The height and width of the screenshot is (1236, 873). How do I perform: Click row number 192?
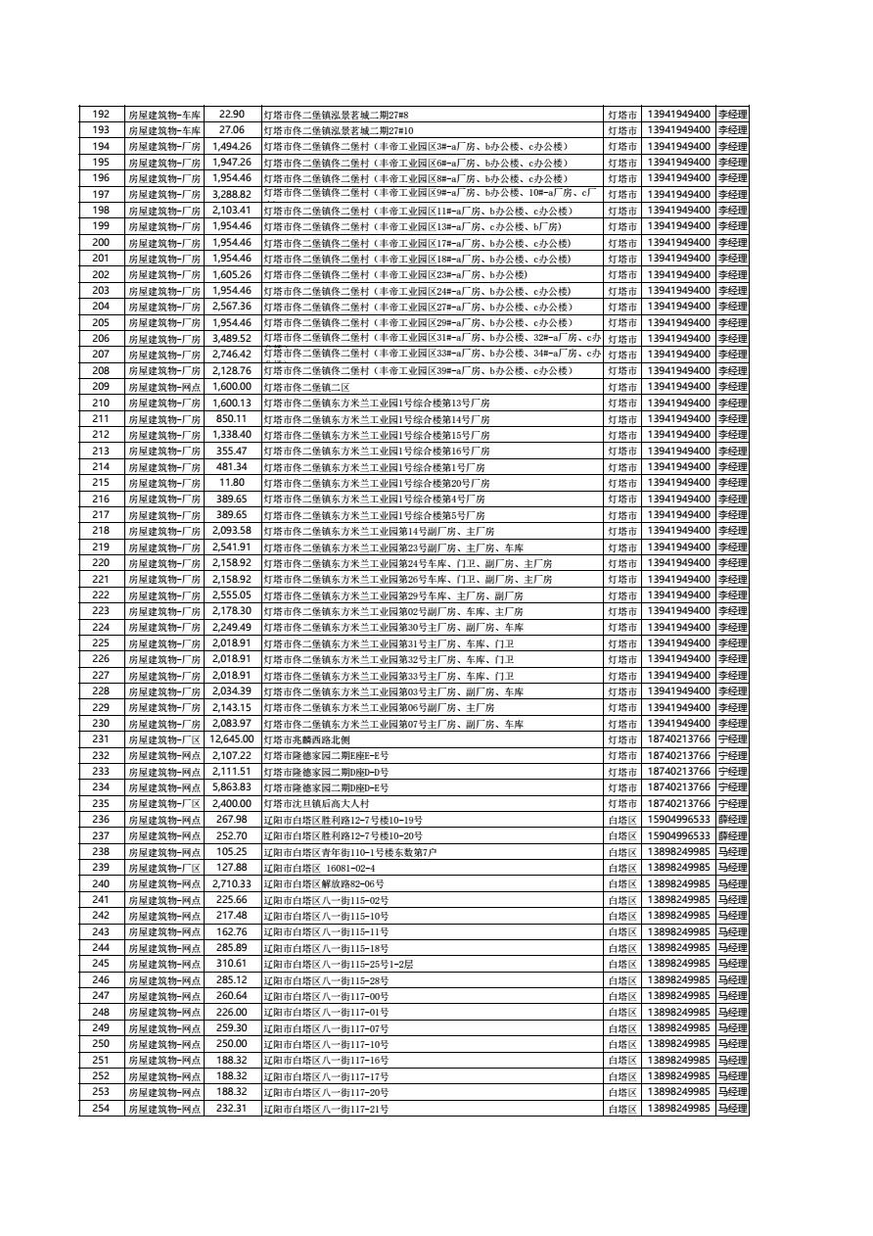tap(101, 115)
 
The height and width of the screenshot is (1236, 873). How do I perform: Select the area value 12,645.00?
tap(232, 739)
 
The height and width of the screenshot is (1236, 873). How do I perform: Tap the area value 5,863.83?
tap(232, 787)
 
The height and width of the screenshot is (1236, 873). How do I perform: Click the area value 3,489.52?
tap(232, 339)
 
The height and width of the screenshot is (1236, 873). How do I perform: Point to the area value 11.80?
tap(232, 483)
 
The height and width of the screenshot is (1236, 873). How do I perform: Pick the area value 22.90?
tap(232, 115)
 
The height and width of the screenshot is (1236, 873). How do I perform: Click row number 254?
tap(101, 1109)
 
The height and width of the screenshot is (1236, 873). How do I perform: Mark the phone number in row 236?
tap(678, 820)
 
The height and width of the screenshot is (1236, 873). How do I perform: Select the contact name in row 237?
tap(732, 836)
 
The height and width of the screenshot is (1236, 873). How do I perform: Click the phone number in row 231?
tap(678, 739)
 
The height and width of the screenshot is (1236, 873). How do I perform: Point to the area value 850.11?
tap(232, 419)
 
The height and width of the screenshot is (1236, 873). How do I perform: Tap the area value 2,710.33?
tap(232, 884)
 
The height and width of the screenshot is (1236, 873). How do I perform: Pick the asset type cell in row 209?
tap(163, 387)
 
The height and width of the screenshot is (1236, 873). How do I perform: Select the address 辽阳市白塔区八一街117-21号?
tap(326, 1109)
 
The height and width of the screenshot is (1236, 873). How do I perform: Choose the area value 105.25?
tap(232, 852)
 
